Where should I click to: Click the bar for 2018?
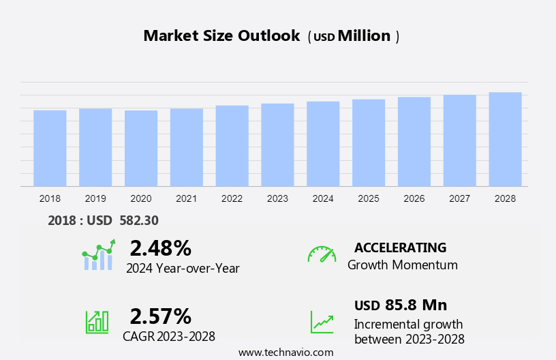[x=50, y=148]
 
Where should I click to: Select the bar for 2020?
[x=141, y=148]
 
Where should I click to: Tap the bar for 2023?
[x=277, y=145]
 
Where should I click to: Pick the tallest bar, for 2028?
[x=505, y=139]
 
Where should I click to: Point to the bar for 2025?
[x=369, y=142]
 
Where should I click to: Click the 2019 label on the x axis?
[x=95, y=198]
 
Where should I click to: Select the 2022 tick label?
[x=232, y=198]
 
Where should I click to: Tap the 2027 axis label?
[x=459, y=198]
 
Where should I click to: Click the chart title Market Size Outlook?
[x=221, y=36]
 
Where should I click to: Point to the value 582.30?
[x=138, y=220]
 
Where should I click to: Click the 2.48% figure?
[x=160, y=247]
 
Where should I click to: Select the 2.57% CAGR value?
[x=160, y=316]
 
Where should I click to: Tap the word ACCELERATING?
[x=400, y=247]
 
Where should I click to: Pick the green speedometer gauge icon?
[x=322, y=254]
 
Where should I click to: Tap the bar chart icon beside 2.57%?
[x=97, y=321]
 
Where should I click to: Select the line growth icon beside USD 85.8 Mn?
[x=322, y=321]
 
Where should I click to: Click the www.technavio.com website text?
[x=285, y=352]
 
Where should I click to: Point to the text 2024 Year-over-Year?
[x=183, y=269]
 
